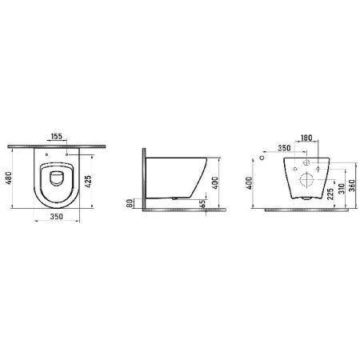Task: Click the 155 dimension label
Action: click(57, 136)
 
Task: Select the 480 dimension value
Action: click(9, 178)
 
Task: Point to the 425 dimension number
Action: click(88, 182)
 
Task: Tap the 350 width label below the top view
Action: click(57, 216)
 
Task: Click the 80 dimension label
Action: click(130, 203)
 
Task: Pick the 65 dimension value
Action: click(203, 203)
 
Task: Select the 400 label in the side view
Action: click(215, 182)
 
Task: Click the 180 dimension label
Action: click(306, 138)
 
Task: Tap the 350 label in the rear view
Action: click(284, 148)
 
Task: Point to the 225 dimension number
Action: click(330, 194)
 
